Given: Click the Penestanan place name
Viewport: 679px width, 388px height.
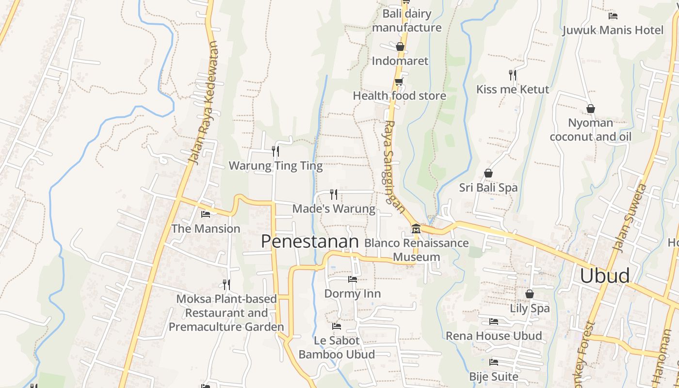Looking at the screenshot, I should pos(310,241).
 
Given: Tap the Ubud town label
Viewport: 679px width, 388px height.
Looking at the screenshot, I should pos(605,275).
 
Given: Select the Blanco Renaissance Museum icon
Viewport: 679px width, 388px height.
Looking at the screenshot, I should pos(416,229).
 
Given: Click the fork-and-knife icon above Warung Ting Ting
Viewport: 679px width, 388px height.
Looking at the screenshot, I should pos(275,151).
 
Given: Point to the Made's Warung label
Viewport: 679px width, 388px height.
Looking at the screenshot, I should pos(334,209).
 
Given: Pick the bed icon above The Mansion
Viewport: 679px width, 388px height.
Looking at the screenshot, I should pos(206,214).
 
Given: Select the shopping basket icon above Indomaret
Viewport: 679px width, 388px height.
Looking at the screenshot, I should pos(400,47).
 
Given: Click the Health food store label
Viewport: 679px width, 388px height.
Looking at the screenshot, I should pos(399,96).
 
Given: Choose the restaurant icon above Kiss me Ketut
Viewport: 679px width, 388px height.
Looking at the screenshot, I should pos(513,75).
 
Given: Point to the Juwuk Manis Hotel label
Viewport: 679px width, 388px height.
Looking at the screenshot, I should pos(613,30).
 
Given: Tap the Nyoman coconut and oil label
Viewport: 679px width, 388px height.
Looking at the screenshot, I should pos(590,130).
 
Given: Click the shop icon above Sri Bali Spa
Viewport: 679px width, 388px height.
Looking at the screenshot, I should pos(488,173).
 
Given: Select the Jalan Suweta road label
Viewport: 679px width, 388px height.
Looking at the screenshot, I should pos(630,218).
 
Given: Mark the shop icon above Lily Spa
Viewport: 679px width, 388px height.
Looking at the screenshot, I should pos(530,294).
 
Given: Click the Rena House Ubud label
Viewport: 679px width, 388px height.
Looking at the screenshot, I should pos(493,336).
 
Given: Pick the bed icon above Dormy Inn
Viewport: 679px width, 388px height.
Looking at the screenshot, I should pos(353,279).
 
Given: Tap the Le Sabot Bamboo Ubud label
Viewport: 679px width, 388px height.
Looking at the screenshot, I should pos(337,347).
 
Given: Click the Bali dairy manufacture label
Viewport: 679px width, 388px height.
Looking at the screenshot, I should pos(406,20).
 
